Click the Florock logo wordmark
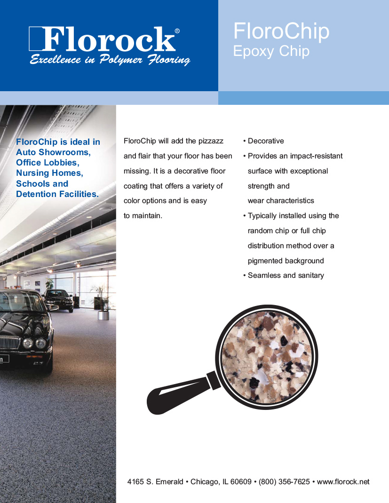(108, 39)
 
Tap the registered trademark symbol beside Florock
(177, 31)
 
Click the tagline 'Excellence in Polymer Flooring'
(110, 60)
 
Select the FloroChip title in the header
(281, 31)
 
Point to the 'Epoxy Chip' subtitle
(271, 51)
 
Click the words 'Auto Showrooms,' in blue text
(53, 152)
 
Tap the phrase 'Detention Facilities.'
(57, 194)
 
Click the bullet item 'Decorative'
(266, 141)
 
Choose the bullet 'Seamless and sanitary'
(286, 275)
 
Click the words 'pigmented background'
(286, 261)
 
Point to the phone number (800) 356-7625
(284, 482)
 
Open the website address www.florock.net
(343, 482)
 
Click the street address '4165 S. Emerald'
(155, 482)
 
